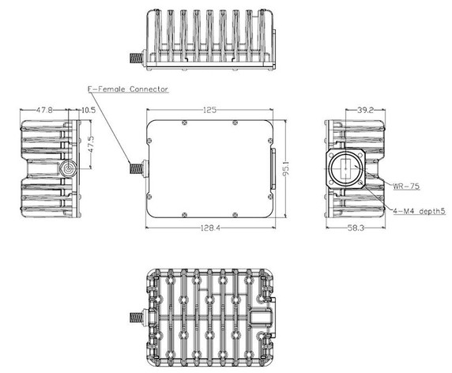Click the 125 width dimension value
click(209, 111)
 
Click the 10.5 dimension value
click(87, 111)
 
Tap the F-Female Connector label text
click(127, 90)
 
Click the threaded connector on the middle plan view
click(136, 168)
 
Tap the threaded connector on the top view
click(137, 58)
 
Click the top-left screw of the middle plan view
click(183, 122)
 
